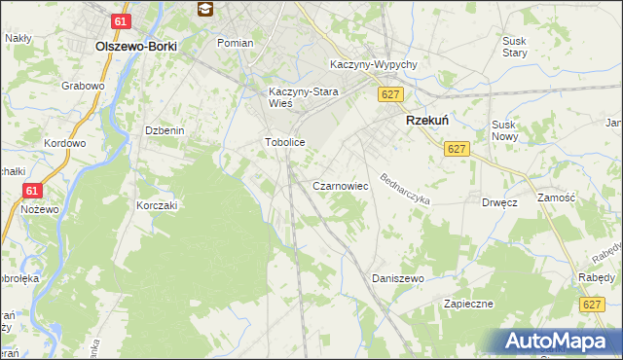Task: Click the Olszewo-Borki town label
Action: [x=134, y=46]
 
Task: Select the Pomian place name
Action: [x=235, y=43]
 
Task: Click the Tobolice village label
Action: [x=286, y=142]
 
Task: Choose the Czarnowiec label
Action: [x=339, y=184]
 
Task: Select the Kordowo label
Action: [x=64, y=143]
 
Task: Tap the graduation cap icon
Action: [x=205, y=10]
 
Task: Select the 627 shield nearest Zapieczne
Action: [x=587, y=306]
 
